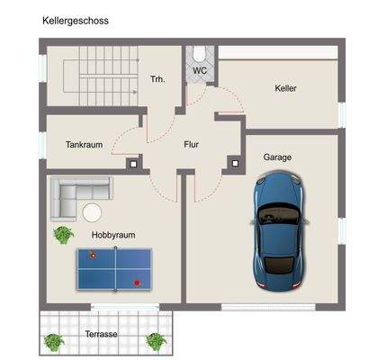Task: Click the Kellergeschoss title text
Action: point(74,20)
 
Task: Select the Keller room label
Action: point(286,88)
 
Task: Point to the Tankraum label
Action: point(84,144)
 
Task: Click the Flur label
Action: point(191,144)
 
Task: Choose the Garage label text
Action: point(277,157)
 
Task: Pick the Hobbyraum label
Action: point(112,235)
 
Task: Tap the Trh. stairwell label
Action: point(157,80)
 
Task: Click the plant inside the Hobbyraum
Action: point(63,235)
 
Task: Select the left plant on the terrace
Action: point(53,341)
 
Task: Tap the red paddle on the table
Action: point(137,282)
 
